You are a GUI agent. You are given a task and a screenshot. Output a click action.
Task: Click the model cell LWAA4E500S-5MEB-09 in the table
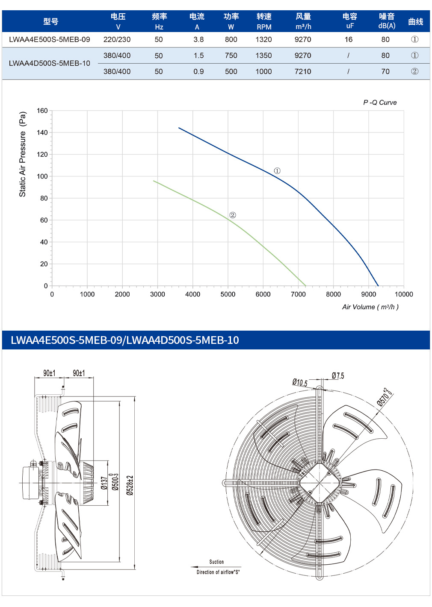point(49,40)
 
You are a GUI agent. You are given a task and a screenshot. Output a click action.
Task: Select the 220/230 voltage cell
point(117,40)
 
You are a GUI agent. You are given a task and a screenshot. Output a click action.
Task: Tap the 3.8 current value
point(198,40)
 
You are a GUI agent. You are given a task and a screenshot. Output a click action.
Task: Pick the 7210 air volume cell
point(303,71)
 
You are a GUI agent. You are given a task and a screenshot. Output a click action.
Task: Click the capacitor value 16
point(349,40)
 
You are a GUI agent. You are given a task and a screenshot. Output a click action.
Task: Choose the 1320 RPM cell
point(263,40)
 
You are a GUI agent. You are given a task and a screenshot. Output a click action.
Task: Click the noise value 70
point(385,71)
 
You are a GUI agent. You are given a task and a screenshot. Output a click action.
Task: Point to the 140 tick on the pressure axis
point(42,132)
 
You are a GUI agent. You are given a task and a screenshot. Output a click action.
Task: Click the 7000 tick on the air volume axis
point(298,294)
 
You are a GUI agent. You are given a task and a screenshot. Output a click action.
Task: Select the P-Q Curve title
point(380,103)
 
